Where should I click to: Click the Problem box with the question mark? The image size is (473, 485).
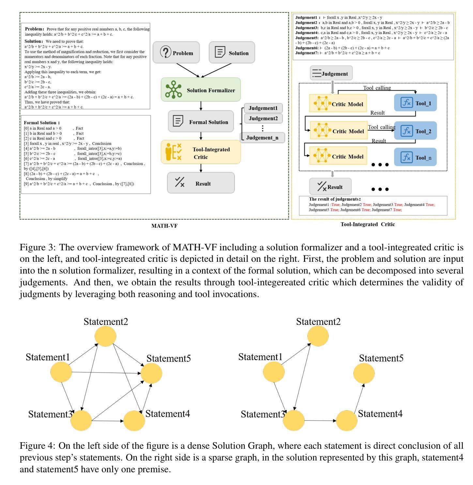pos(176,52)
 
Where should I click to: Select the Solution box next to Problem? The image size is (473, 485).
pos(232,52)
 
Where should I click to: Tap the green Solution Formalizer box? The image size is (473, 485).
pos(201,90)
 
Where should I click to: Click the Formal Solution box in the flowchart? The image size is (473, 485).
pos(201,121)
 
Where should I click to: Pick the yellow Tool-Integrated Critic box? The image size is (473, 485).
pos(201,152)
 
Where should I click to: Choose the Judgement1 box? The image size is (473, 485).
pos(263,108)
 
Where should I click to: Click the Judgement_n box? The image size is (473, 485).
pos(263,138)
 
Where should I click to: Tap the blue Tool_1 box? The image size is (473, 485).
pos(415,103)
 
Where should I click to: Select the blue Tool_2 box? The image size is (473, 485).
pos(415,131)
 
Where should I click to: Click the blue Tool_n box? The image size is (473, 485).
pos(415,157)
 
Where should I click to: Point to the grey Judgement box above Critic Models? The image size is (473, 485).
pos(331,73)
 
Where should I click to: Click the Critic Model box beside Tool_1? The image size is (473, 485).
pos(338,103)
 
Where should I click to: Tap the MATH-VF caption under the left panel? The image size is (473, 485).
pos(164,226)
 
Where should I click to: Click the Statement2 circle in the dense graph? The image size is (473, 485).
pos(105,336)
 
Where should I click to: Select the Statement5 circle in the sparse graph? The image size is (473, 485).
pos(364,373)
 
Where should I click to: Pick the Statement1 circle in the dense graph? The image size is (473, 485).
pos(61,372)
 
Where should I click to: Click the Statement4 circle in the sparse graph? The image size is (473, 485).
pos(347,420)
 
